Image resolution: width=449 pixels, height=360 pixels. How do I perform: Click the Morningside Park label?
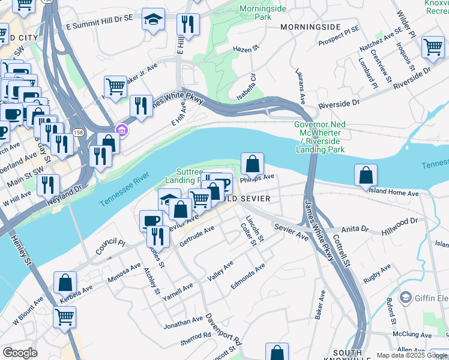264,13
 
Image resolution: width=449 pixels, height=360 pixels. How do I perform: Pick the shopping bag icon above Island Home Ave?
366,175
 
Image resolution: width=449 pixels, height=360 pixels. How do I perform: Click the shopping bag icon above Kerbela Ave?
65,281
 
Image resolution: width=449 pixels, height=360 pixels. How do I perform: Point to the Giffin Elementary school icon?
406,298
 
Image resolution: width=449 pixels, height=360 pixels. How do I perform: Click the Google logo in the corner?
20,353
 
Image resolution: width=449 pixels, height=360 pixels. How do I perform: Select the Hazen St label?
245,49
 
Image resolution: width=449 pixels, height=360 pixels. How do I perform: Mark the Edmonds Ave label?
247,276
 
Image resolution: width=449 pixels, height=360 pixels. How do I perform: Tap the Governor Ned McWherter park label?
319,136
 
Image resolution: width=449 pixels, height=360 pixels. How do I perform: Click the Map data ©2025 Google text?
411,355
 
